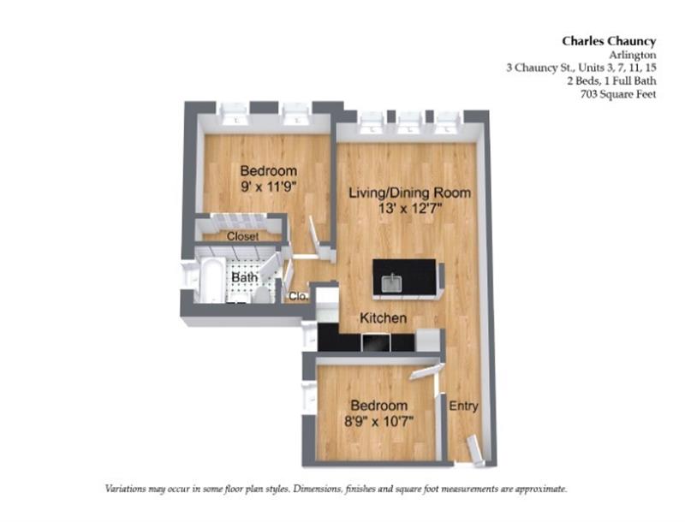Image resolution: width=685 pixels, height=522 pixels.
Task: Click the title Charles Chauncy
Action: (x=609, y=39)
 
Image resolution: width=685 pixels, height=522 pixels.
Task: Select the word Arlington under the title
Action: (x=633, y=53)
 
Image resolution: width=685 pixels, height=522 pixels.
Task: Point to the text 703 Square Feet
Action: (x=617, y=94)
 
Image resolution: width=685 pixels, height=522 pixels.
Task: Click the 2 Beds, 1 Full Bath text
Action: (x=611, y=80)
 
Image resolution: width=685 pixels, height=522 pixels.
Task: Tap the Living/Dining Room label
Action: (x=409, y=193)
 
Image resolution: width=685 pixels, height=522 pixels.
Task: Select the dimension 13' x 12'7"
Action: (x=409, y=210)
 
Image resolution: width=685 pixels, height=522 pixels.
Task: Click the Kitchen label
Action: (x=383, y=317)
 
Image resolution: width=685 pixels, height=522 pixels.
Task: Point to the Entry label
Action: (x=463, y=406)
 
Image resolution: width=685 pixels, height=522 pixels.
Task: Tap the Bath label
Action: (x=246, y=278)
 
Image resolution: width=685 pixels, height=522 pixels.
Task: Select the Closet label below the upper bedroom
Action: (x=243, y=236)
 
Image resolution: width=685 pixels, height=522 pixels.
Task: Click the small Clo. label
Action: (x=298, y=296)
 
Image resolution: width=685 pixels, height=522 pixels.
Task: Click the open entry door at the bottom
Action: (x=474, y=448)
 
